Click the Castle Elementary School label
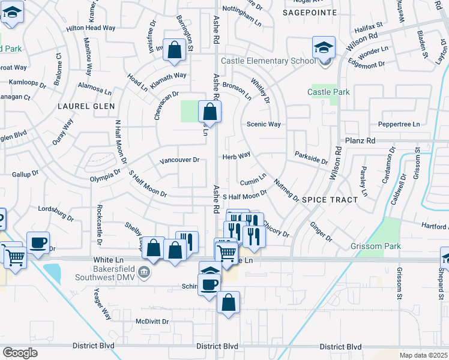pyautogui.click(x=268, y=61)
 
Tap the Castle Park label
pyautogui.click(x=328, y=92)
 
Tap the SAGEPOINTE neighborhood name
pyautogui.click(x=309, y=11)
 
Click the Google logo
pyautogui.click(x=19, y=352)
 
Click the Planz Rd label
pyautogui.click(x=360, y=140)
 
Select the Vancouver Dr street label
pyautogui.click(x=179, y=161)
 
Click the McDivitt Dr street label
pyautogui.click(x=152, y=321)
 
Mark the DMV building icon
pyautogui.click(x=144, y=274)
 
